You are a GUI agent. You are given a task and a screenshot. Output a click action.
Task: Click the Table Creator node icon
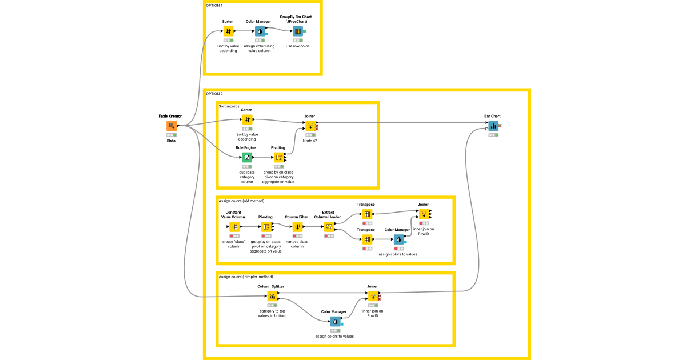tap(171, 126)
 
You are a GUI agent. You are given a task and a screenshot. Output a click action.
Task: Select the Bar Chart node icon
tap(493, 126)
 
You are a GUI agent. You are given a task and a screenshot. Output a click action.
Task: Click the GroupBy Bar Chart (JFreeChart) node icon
tap(297, 31)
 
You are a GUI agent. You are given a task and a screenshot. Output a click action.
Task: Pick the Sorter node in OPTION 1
tap(228, 31)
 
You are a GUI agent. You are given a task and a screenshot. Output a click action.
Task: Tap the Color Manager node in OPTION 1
tap(260, 31)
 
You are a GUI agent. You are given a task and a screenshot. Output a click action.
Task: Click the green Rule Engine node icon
tap(246, 157)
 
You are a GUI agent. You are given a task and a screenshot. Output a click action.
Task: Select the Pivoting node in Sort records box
tap(278, 157)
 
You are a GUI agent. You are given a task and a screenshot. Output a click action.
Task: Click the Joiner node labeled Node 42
tap(310, 126)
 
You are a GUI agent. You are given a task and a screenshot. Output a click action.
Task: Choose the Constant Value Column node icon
tap(234, 227)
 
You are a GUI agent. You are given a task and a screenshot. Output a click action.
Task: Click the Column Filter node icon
tap(297, 227)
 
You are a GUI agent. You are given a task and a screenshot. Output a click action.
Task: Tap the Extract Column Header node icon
tap(329, 227)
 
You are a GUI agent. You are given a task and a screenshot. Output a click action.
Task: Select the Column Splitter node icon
tap(272, 296)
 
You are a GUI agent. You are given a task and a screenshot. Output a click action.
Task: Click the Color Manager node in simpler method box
tap(335, 322)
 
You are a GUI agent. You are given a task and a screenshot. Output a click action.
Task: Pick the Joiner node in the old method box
tap(423, 214)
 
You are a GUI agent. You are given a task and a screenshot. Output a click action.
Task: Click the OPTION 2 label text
tap(214, 93)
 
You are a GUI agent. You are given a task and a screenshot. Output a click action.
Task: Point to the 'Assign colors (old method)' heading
tap(241, 201)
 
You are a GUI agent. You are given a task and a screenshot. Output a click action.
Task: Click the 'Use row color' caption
tap(297, 46)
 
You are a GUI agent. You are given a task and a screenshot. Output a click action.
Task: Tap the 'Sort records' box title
tap(229, 106)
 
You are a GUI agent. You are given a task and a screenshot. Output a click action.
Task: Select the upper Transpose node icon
tap(366, 214)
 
